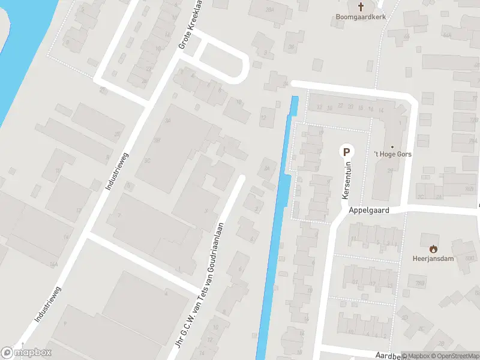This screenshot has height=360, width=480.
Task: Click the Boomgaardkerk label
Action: tap(361, 17)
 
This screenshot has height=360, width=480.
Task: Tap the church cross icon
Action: tap(361, 7)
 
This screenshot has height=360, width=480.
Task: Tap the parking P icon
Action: tap(346, 152)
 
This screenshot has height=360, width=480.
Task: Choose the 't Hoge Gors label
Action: tap(393, 154)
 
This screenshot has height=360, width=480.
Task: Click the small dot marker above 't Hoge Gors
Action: tap(393, 146)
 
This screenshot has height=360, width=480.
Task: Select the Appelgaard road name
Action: tap(369, 211)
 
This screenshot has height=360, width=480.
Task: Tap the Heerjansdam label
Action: tap(433, 259)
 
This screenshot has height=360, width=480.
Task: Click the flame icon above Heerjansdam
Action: tap(433, 248)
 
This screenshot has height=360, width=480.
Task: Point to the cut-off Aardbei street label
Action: tap(387, 355)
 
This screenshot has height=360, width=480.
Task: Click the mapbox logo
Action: tap(26, 353)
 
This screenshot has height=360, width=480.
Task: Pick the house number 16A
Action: tap(54, 263)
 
